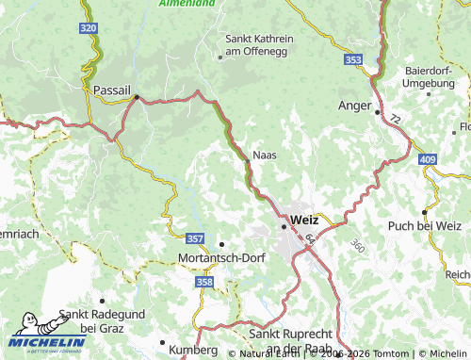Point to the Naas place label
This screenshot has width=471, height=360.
(x=265, y=155)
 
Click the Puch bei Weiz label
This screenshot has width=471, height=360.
(x=425, y=226)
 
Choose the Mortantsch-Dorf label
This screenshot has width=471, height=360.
(x=218, y=256)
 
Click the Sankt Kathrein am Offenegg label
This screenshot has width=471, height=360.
(x=259, y=44)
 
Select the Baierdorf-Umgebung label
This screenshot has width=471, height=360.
(x=429, y=77)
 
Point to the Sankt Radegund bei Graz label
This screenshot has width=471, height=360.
(x=96, y=320)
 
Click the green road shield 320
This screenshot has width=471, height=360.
(x=89, y=29)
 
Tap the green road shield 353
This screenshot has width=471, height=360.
(x=353, y=59)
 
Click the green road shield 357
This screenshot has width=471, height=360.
(x=196, y=239)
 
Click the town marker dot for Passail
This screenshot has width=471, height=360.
(x=137, y=96)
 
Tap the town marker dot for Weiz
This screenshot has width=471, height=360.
(x=283, y=226)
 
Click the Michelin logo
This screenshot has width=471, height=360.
(x=46, y=344)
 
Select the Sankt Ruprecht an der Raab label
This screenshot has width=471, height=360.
(x=295, y=340)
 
